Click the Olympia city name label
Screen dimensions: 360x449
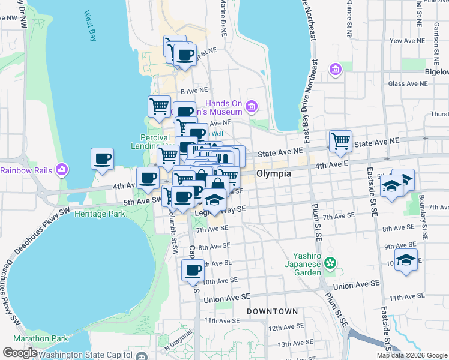click(x=274, y=173)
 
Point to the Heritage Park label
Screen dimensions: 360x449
click(x=104, y=214)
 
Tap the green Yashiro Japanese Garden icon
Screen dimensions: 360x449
click(x=330, y=262)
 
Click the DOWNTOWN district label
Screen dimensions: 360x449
click(x=272, y=312)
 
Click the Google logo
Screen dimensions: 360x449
click(x=20, y=353)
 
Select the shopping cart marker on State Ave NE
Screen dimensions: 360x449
click(x=341, y=141)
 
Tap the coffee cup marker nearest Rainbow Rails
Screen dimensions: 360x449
click(x=102, y=159)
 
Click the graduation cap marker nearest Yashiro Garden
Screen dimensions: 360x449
click(x=406, y=259)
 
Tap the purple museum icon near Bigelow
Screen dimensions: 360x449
click(x=335, y=71)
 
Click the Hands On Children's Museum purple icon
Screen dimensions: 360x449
click(x=251, y=107)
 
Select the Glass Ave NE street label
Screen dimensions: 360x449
click(x=410, y=84)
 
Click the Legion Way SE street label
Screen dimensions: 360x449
click(x=221, y=210)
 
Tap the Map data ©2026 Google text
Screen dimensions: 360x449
click(x=411, y=355)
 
